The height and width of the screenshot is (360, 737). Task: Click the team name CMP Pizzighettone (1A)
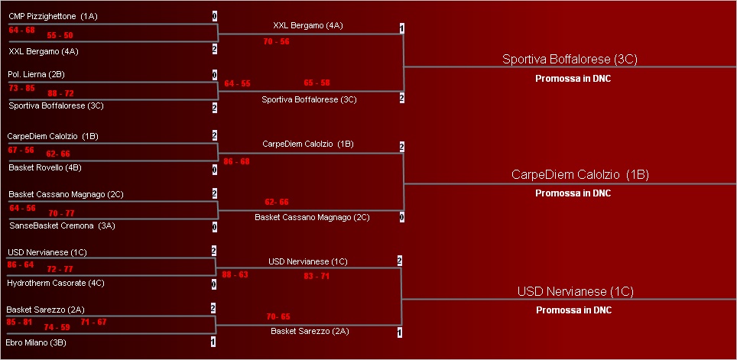(x=53, y=16)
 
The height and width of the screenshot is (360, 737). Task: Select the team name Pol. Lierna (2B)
(x=36, y=74)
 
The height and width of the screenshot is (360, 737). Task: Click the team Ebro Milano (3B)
(x=36, y=342)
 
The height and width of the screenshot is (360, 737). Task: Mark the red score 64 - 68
(x=22, y=30)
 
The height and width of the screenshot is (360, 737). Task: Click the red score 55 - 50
(x=60, y=35)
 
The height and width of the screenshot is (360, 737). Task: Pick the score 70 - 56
(x=276, y=41)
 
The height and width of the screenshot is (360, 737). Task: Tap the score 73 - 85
(x=21, y=88)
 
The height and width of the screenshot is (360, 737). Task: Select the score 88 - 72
(x=60, y=92)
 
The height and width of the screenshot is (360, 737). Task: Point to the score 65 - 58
(x=317, y=82)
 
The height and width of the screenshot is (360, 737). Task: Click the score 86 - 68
(x=236, y=161)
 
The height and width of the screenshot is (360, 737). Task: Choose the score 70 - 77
(x=61, y=212)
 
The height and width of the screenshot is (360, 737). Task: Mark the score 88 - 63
(x=235, y=274)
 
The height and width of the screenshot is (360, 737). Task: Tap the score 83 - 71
(x=317, y=275)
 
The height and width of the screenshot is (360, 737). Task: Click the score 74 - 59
(x=57, y=326)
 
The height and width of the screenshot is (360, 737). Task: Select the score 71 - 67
(x=93, y=322)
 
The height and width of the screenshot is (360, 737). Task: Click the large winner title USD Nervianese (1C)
(x=575, y=291)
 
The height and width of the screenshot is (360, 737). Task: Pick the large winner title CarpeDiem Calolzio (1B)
(x=580, y=175)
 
